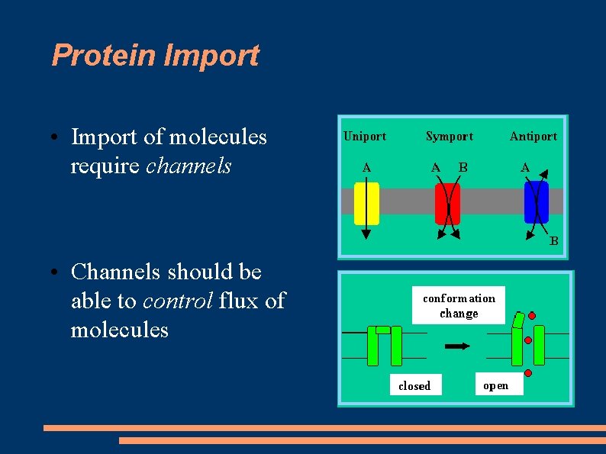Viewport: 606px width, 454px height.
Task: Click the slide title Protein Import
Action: (155, 56)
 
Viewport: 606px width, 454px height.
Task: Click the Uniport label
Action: (365, 137)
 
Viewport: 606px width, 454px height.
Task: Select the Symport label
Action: (449, 137)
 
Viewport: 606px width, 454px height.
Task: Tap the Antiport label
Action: (533, 137)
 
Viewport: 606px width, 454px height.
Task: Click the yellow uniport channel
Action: (366, 202)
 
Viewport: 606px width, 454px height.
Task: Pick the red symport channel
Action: (447, 202)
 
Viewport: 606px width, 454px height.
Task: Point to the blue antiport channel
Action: (536, 202)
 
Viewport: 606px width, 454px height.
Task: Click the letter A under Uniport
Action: (366, 167)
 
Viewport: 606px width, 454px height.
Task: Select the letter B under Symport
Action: (463, 167)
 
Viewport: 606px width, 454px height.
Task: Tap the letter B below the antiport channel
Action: (554, 241)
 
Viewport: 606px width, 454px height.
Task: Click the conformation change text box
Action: (459, 306)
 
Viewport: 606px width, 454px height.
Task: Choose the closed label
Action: (414, 386)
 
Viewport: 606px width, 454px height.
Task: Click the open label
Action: (495, 385)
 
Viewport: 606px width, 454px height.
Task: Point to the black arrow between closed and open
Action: (457, 346)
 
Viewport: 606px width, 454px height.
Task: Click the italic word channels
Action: (188, 166)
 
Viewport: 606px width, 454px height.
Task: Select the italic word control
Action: (177, 301)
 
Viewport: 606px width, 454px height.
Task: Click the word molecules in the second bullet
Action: (119, 330)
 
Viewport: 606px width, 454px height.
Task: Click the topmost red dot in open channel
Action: (532, 315)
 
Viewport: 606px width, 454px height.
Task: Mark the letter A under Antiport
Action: (525, 167)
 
